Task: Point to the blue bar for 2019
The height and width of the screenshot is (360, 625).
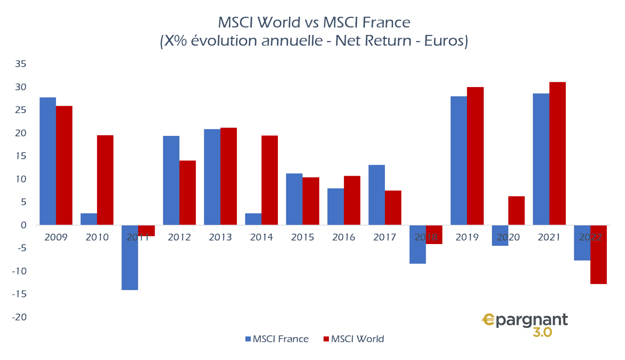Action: [459, 160]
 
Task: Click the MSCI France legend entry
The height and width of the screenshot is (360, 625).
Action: [277, 339]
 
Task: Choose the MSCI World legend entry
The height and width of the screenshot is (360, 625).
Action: [354, 339]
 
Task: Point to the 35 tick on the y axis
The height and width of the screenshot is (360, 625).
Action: [21, 64]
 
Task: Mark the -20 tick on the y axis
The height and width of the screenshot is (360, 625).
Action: [19, 317]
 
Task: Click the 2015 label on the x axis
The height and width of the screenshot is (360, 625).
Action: [302, 237]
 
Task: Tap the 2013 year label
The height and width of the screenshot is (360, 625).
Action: [220, 237]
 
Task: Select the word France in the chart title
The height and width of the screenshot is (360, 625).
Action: [386, 22]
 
